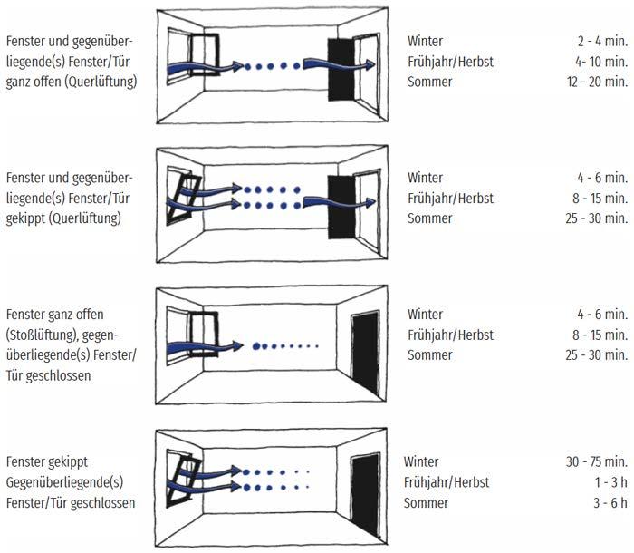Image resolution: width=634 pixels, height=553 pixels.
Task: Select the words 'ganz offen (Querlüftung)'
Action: click(x=71, y=82)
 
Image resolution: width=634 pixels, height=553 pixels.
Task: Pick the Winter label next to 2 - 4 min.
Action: click(x=426, y=42)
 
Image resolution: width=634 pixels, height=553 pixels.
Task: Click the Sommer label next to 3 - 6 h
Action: click(x=424, y=502)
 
